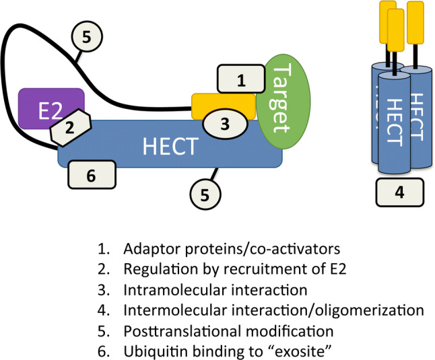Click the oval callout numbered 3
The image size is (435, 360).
pos(226,123)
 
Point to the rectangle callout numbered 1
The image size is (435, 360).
pos(240,79)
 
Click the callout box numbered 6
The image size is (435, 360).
pos(92,175)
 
